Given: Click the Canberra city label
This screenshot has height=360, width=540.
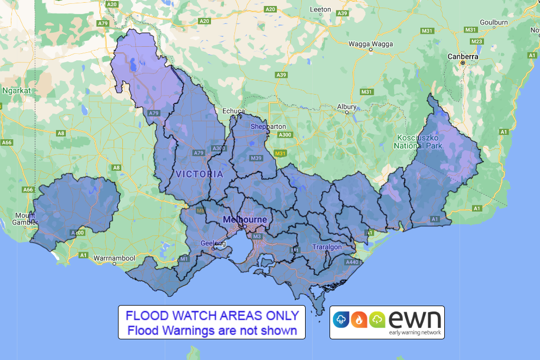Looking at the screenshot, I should pyautogui.click(x=462, y=56).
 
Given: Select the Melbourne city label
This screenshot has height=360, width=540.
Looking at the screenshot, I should pyautogui.click(x=245, y=220).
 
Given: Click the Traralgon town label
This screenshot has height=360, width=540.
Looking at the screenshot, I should pyautogui.click(x=327, y=247).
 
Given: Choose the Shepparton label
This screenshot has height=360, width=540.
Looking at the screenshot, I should pyautogui.click(x=268, y=127).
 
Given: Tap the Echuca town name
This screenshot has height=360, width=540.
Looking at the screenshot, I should pyautogui.click(x=234, y=111).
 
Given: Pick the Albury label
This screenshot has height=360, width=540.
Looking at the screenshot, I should pyautogui.click(x=346, y=107).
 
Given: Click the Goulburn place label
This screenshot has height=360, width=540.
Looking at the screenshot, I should pyautogui.click(x=494, y=22).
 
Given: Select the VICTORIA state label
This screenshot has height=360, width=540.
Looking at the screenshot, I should pyautogui.click(x=200, y=174).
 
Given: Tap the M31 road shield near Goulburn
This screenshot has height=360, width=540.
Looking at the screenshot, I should pyautogui.click(x=471, y=29).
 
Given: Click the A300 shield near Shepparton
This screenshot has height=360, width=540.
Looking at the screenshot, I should pyautogui.click(x=284, y=135).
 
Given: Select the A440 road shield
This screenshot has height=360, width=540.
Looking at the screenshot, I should pyautogui.click(x=352, y=262).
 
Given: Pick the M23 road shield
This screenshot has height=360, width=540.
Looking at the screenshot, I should pyautogui.click(x=477, y=41).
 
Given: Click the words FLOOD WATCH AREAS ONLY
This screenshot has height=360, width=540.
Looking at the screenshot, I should pyautogui.click(x=212, y=315).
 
